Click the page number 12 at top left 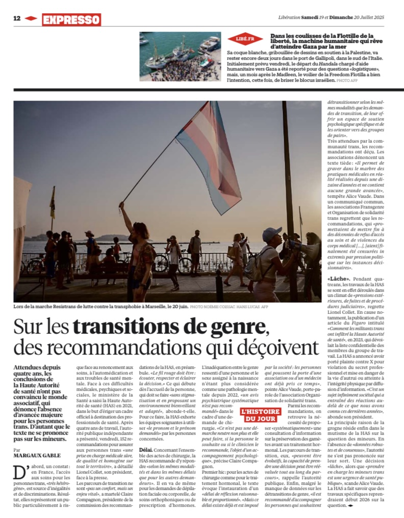coord(16,18)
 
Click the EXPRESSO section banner coord(71,20)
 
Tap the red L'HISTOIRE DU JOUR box coord(260,414)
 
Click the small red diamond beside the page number coord(31,18)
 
